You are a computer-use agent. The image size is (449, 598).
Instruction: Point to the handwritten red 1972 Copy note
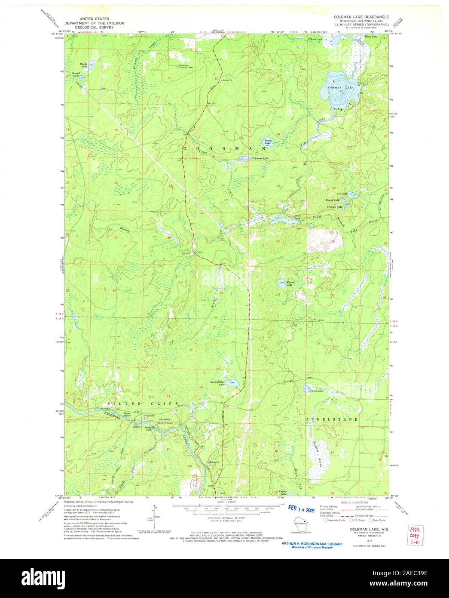pos(417,537)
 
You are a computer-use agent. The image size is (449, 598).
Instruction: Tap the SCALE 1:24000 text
pos(224,501)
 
